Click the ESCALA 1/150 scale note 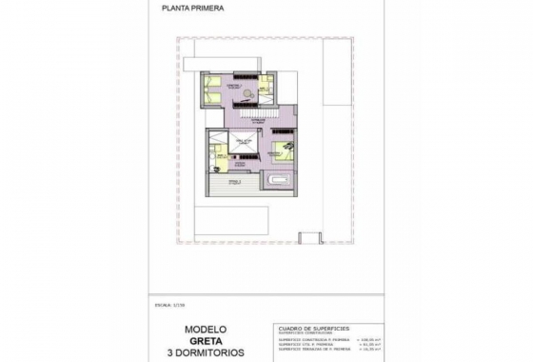[166, 306]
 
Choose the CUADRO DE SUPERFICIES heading [310, 326]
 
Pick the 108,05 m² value [366, 338]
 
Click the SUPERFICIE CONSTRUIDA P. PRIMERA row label [309, 338]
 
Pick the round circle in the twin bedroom [247, 93]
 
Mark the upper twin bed [212, 81]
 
